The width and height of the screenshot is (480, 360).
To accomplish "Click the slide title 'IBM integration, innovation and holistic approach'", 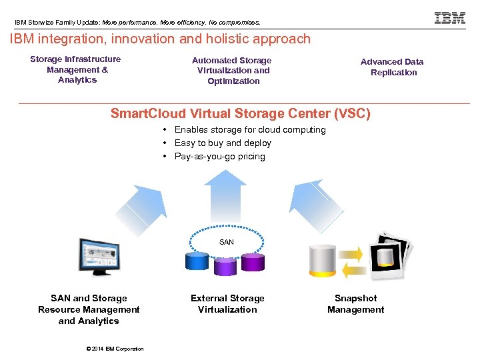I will [160, 39].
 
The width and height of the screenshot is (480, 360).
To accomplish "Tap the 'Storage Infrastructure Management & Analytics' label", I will [75, 69].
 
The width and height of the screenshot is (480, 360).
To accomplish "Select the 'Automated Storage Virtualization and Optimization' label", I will [233, 71].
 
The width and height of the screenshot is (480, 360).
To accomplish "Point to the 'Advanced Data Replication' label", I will [392, 67].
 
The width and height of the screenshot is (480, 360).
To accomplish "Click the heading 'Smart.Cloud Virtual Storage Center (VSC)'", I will [240, 113].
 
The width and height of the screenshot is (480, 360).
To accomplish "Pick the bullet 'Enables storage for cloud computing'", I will [249, 129].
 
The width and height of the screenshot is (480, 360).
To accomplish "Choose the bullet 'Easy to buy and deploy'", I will [223, 143].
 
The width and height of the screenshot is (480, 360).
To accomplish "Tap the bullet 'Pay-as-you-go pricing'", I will [219, 156].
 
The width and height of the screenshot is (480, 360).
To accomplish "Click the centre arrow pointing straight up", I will [224, 197].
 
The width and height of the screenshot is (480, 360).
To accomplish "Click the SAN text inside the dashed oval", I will [227, 242].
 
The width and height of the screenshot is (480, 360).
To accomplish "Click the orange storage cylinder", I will [322, 260].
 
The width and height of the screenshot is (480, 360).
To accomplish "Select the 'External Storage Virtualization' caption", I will [227, 304].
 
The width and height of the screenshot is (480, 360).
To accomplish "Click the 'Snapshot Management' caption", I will [355, 304].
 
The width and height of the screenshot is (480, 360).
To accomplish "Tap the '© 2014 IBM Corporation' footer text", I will [115, 349].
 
